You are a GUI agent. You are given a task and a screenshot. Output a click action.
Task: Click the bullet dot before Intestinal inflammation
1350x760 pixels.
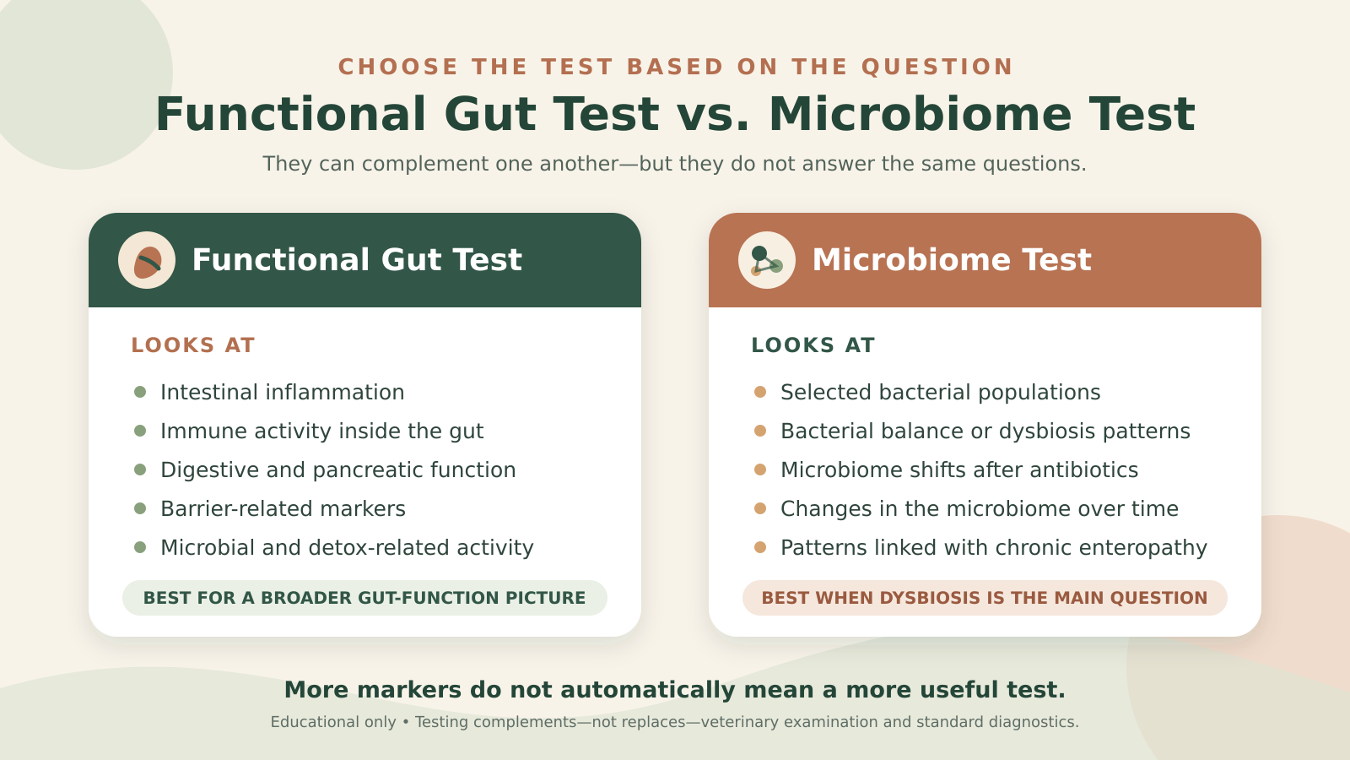point(140,392)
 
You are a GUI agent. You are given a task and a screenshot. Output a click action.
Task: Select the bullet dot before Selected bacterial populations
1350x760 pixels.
point(760,392)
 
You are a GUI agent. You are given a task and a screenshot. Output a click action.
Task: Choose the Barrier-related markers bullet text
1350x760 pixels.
point(283,509)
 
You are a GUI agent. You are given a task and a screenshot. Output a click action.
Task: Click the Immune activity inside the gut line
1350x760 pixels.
point(321,432)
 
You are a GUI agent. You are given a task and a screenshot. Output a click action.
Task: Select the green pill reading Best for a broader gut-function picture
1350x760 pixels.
point(364,598)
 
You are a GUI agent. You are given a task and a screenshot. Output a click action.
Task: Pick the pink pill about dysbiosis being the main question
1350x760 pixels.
point(985,598)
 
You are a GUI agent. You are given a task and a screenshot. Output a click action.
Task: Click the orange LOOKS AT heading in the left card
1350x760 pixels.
point(193,345)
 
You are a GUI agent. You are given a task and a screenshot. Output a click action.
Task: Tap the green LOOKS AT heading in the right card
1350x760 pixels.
point(813,345)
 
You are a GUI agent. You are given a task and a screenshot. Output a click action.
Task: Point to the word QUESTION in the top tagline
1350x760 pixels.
point(937,67)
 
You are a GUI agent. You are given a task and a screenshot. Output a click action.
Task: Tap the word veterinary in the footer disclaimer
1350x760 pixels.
point(735,722)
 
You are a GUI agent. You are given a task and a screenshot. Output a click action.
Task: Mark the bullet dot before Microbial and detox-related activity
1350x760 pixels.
point(140,548)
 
